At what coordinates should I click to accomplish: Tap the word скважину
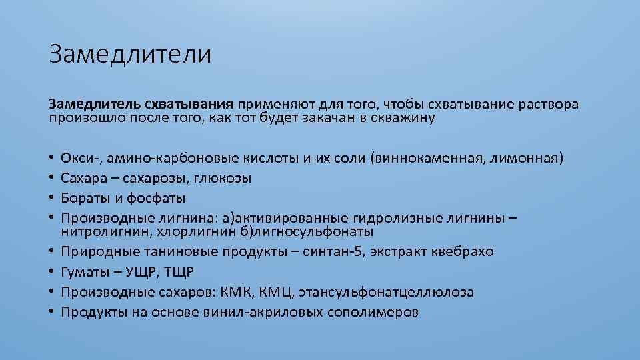402,119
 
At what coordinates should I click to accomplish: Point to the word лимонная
527,159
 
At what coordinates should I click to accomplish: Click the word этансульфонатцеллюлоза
387,292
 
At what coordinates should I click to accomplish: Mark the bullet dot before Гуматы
51,272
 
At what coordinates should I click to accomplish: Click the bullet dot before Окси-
51,159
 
